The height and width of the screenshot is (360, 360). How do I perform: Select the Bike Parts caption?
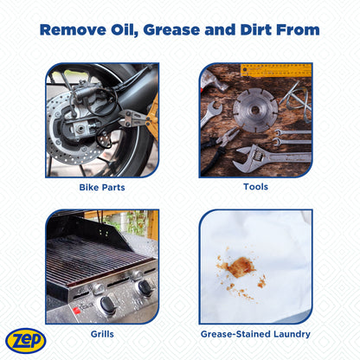[101, 186]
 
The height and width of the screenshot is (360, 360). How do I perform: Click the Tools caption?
[255, 186]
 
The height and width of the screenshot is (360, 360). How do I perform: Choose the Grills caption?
[101, 332]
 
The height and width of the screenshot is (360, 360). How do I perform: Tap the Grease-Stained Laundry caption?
[255, 332]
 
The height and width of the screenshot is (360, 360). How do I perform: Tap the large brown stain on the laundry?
[238, 267]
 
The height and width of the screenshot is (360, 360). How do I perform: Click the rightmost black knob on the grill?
[144, 288]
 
